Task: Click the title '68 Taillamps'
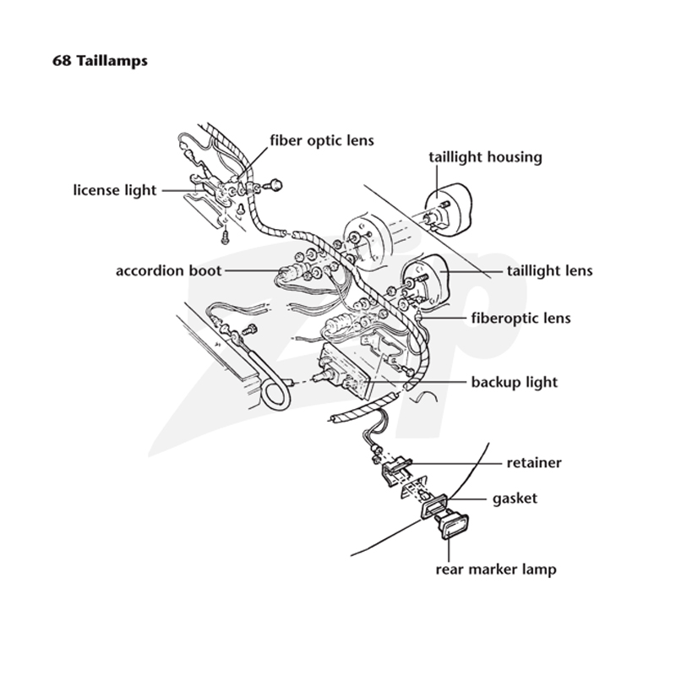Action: coord(100,61)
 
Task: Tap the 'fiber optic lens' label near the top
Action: coord(322,140)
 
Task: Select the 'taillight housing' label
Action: coord(485,157)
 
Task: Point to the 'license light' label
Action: coord(115,190)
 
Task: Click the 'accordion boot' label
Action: coord(168,270)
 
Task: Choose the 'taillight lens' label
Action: coord(550,270)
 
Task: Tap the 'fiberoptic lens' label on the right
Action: coord(521,319)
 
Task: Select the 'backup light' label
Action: coord(515,382)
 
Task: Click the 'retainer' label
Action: coord(534,462)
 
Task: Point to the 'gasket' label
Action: coord(515,499)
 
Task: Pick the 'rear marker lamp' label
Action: coord(496,569)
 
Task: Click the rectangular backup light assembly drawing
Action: coord(345,371)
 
